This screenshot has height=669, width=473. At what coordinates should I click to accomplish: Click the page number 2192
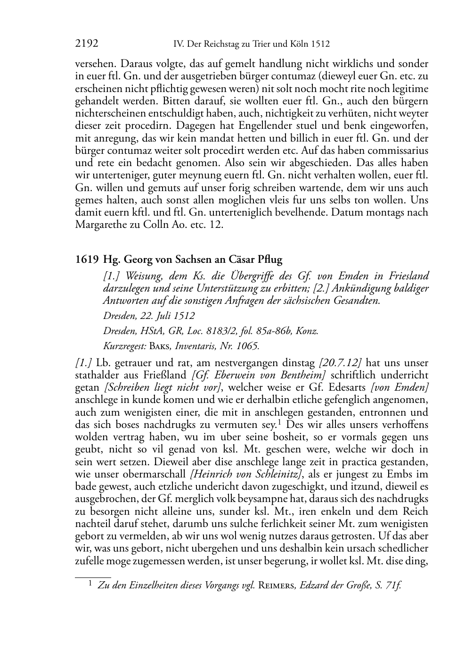tap(87, 44)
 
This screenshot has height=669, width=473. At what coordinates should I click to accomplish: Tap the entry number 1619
tap(87, 259)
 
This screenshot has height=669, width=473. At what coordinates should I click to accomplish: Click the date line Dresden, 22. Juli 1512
tap(149, 316)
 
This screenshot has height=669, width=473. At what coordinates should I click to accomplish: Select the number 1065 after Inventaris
tap(248, 346)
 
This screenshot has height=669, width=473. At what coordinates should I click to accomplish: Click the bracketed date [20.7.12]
tap(340, 363)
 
